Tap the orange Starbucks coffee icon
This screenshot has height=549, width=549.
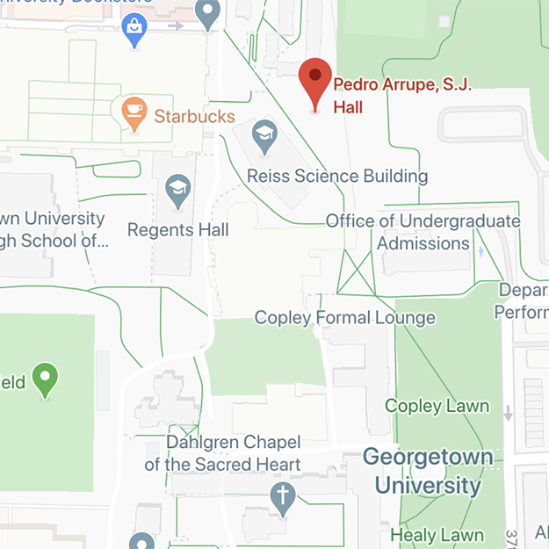coord(134,112)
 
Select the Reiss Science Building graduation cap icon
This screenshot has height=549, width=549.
coord(264,134)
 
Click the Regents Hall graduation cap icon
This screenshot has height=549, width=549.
coord(178,190)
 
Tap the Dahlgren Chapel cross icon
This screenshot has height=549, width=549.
coord(282,496)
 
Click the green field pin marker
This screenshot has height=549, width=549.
coord(45,379)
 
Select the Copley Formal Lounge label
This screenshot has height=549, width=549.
coord(344,317)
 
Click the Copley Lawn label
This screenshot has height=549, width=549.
coord(437,406)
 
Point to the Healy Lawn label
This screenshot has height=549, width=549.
coord(437,534)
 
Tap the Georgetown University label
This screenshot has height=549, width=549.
coord(423,471)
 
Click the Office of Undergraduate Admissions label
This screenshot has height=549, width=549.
coord(423,232)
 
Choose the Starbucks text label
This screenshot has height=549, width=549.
coord(194,116)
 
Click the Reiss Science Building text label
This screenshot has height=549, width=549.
coord(337,176)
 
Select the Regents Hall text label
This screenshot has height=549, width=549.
coord(178,229)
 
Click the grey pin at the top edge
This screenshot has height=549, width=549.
coord(208,13)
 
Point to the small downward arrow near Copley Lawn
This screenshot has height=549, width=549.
coord(509,412)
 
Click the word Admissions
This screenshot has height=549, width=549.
coord(424,243)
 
